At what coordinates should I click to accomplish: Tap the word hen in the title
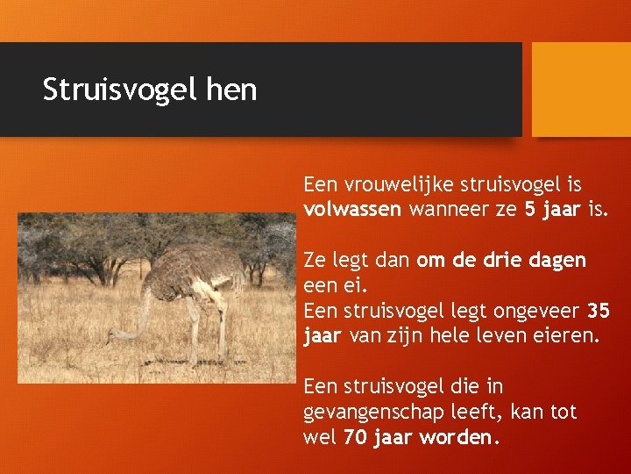pos(230,90)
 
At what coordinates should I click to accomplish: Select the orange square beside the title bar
pos(581,90)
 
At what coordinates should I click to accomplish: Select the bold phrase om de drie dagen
pos(501,261)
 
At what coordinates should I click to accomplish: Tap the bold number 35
pos(599,312)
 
